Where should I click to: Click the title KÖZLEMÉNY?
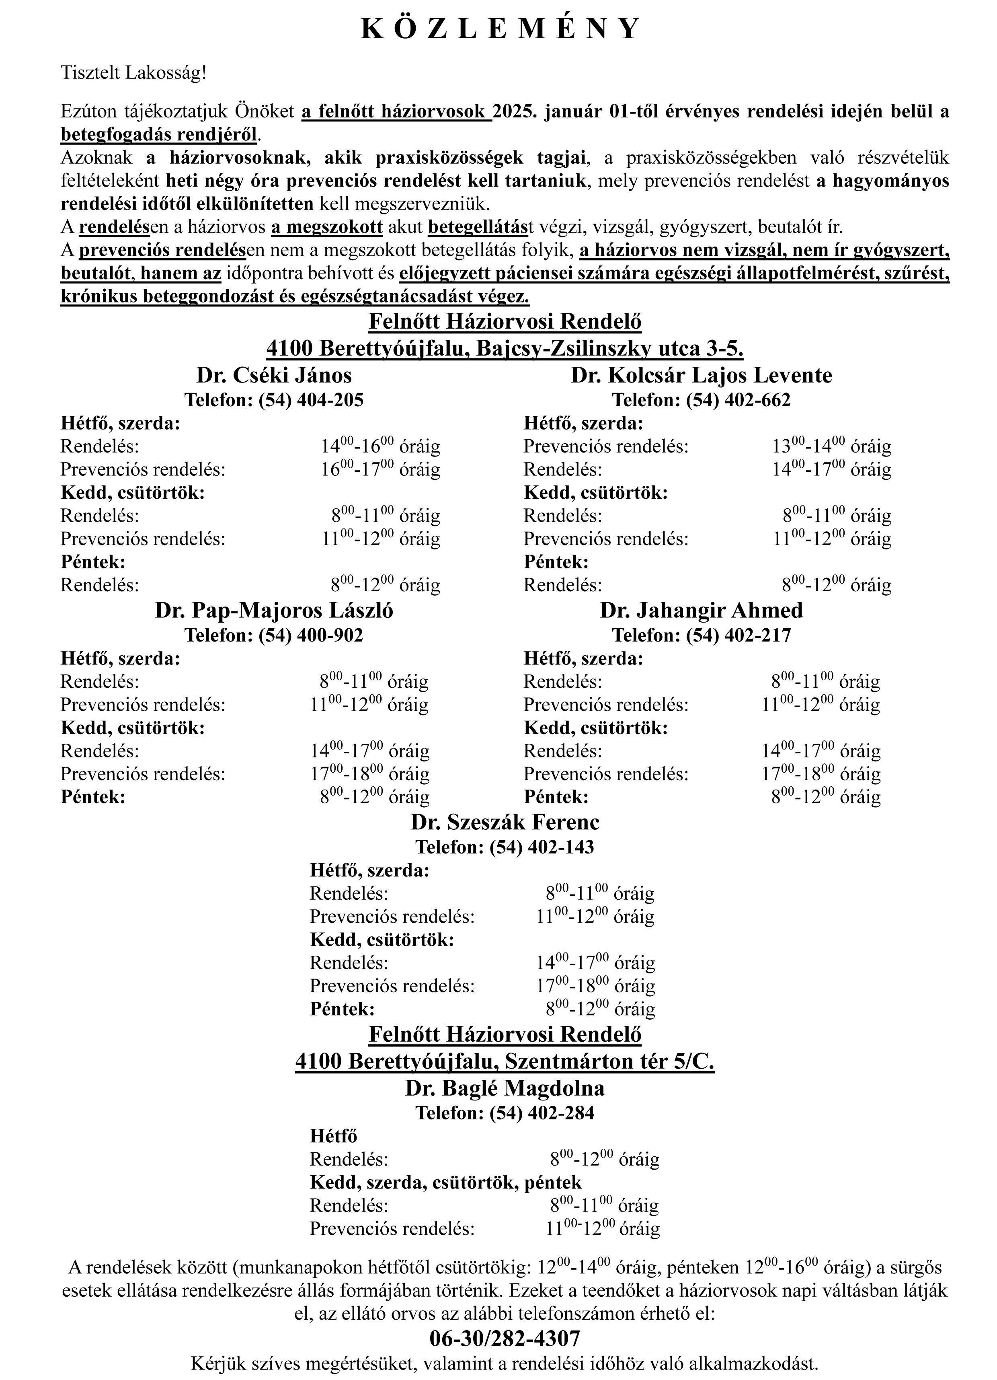coord(501,29)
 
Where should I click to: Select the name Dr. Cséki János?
coord(274,375)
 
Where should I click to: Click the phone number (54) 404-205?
coord(311,400)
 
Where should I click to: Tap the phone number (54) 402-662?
coord(738,400)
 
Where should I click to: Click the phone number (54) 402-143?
coord(542,847)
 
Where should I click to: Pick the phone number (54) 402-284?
coord(542,1113)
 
